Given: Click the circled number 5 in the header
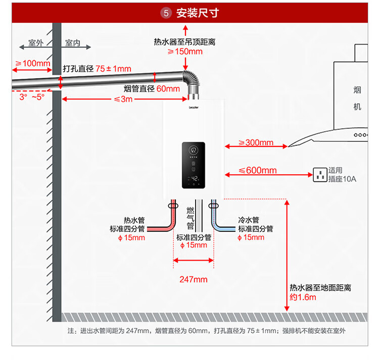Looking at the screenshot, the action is pos(166,13).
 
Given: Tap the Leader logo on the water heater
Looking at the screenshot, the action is pos(194,107).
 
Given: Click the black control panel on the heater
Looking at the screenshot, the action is pos(193,166).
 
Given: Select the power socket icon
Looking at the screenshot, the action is pos(319,175).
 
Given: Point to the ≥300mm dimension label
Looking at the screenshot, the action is pos(256,142).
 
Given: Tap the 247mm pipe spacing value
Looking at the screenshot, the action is pos(194,279).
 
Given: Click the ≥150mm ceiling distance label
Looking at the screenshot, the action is pos(185,52).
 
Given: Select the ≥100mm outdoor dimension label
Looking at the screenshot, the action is pos(33,64).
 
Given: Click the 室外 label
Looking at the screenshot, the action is pos(36,43).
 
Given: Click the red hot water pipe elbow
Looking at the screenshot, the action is pos(168,225).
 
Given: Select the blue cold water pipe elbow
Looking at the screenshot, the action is pos(218,225).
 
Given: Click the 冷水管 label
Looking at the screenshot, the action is pos(249,220).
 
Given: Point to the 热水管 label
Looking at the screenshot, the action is pos(134,220).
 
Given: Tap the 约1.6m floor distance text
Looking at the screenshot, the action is pos(303,297).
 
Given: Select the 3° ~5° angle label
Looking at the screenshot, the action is pos(32,96).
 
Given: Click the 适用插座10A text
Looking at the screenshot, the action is pos(342,175).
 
